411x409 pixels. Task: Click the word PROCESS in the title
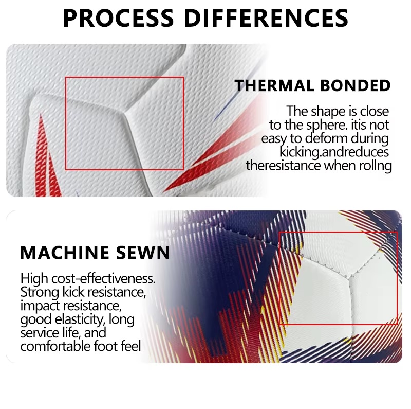coord(118,18)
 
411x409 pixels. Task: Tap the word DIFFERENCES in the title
coord(266,18)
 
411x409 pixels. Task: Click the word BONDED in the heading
coord(356,85)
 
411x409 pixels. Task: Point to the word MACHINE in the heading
coord(65,253)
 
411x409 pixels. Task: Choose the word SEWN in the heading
coord(143,253)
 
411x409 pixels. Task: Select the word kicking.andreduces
coord(334,152)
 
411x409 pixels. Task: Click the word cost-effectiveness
coord(103,278)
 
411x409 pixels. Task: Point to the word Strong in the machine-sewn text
coord(40,292)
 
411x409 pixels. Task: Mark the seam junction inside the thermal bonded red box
coord(125,114)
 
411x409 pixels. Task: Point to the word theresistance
coord(283,166)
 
